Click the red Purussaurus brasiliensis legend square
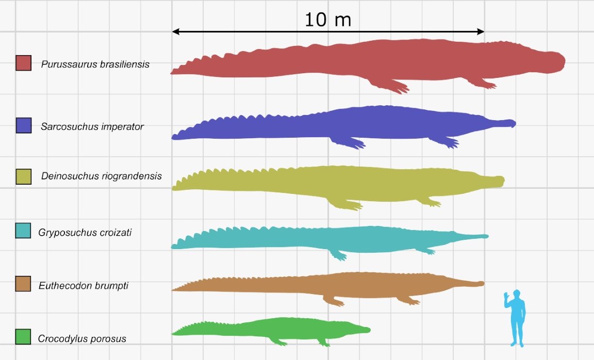[x=23, y=63]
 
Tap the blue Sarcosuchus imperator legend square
[x=23, y=125]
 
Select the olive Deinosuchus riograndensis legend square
[x=23, y=176]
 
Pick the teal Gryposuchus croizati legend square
[x=23, y=231]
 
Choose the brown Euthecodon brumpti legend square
[x=23, y=283]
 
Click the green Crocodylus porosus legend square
[x=23, y=337]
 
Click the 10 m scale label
[x=327, y=20]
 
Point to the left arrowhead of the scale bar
[x=175, y=31]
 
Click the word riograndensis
[x=136, y=176]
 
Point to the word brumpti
[x=108, y=285]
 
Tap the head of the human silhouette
[x=517, y=294]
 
